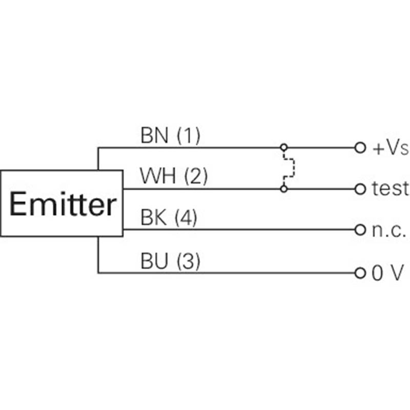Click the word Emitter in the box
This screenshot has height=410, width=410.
[x=63, y=204]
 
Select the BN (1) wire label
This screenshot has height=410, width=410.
[x=170, y=135]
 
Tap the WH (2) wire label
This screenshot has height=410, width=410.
[x=174, y=176]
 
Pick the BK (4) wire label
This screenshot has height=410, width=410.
[x=169, y=217]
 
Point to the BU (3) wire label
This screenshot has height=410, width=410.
[x=170, y=261]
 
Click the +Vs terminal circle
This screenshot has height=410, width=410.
[x=360, y=148]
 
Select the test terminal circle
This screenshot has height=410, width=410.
[x=360, y=189]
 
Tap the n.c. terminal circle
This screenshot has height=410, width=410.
[x=360, y=230]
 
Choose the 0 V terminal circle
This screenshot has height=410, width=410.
[x=360, y=273]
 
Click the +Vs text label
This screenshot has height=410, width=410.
[x=391, y=148]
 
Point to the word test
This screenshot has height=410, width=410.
[x=390, y=188]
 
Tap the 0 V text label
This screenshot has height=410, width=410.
[x=387, y=273]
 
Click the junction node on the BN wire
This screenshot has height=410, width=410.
[x=284, y=148]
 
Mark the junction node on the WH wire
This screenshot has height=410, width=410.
[x=284, y=189]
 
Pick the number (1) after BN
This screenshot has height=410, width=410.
[x=189, y=135]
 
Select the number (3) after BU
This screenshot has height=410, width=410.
[x=189, y=261]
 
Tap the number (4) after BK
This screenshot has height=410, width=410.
[x=186, y=217]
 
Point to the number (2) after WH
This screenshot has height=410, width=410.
[x=196, y=176]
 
